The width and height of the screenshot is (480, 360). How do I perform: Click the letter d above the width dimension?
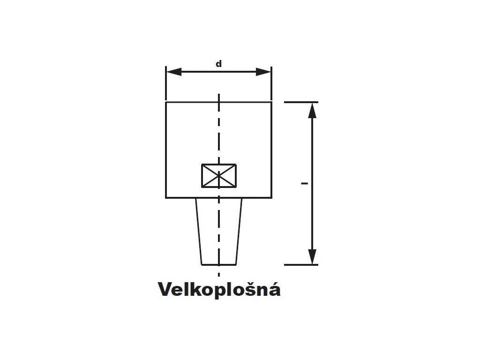coord(218,64)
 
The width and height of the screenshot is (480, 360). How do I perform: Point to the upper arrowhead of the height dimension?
coord(313,110)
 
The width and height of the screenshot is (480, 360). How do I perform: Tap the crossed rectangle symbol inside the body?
coord(219,176)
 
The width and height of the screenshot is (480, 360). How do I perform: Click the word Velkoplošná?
coord(219,289)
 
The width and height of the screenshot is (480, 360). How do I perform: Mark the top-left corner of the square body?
coord(166,102)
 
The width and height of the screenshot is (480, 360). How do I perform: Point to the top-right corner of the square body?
coord(271,102)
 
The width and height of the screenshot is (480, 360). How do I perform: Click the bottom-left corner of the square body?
coord(166,197)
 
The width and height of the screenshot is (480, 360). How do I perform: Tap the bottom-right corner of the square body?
coord(271,197)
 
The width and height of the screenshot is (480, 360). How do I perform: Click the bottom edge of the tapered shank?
coord(219,264)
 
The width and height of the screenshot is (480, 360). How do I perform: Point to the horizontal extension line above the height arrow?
coord(301,102)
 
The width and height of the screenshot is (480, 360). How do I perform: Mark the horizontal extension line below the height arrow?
coord(301,265)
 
